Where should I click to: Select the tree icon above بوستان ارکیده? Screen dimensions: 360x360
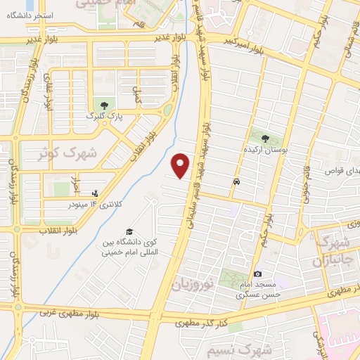pyautogui.click(x=266, y=139)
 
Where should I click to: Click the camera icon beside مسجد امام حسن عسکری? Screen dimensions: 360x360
pyautogui.click(x=258, y=274)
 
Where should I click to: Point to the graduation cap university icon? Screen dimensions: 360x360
pyautogui.click(x=129, y=231)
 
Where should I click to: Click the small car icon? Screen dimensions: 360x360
pyautogui.click(x=236, y=181)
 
